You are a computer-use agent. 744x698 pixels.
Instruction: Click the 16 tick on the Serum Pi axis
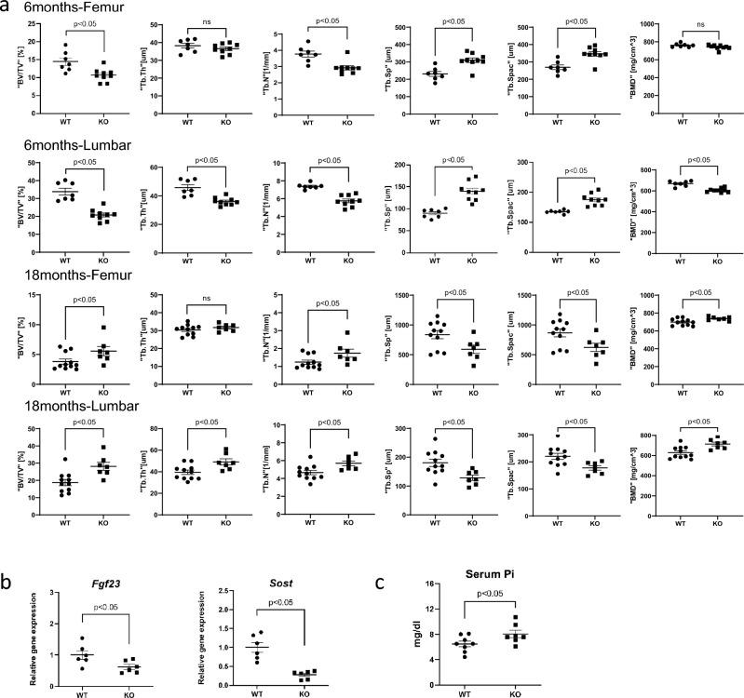click(427, 584)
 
